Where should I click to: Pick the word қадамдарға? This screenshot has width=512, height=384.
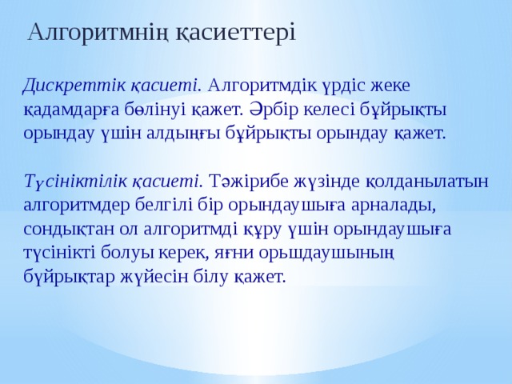(71, 109)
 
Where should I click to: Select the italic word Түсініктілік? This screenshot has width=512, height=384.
(74, 181)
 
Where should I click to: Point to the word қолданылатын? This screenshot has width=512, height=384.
(429, 181)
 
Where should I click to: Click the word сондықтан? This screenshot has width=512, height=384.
(73, 229)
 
